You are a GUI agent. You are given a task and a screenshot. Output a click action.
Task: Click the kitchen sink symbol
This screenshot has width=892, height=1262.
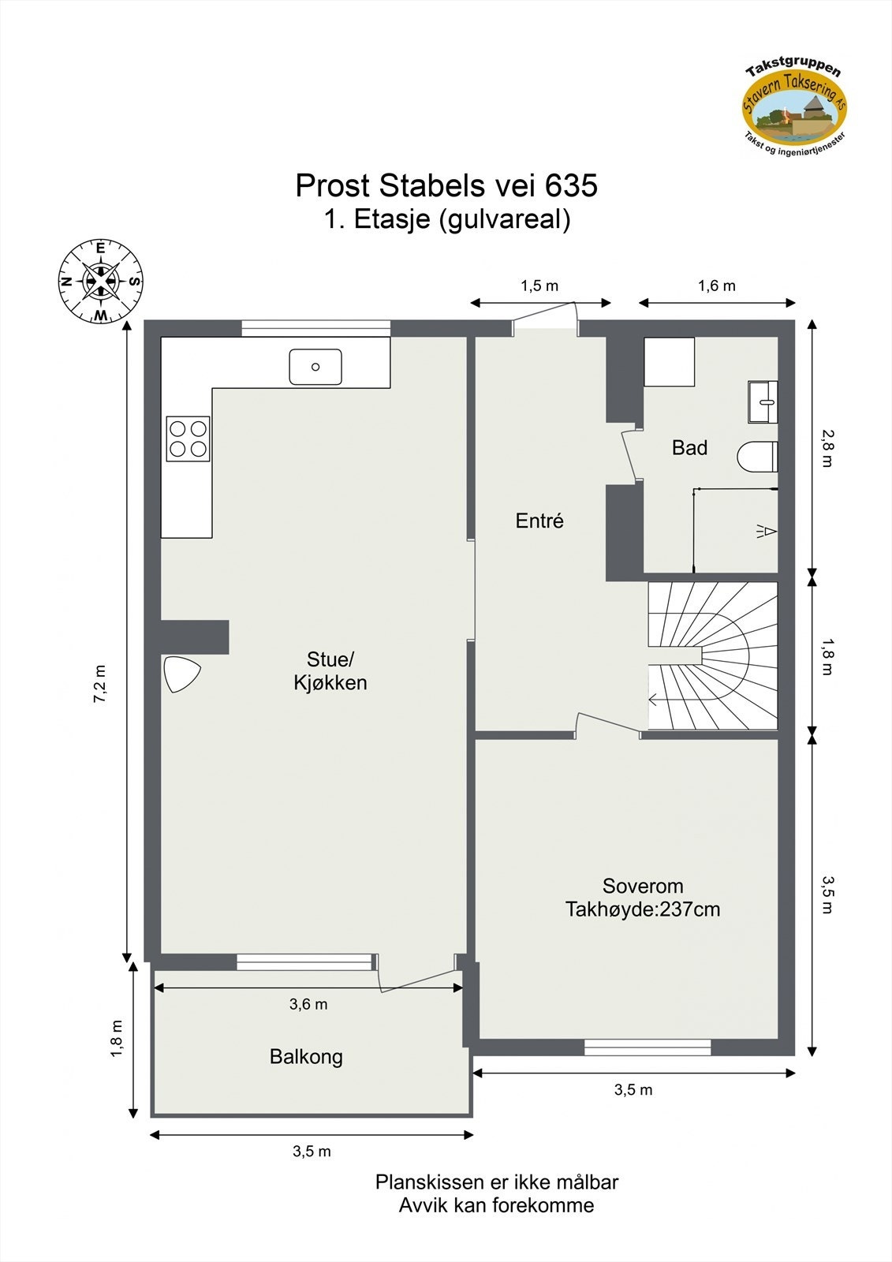(315, 367)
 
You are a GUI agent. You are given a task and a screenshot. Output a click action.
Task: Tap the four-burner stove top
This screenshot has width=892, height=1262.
(188, 439)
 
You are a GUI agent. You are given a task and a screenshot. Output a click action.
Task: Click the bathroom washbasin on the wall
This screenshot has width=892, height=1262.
(763, 402)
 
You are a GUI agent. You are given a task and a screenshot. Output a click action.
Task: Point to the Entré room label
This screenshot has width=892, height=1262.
(539, 521)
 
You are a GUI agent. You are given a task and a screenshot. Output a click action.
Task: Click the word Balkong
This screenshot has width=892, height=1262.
(306, 1057)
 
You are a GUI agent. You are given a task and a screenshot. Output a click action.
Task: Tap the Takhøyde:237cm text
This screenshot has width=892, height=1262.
(643, 909)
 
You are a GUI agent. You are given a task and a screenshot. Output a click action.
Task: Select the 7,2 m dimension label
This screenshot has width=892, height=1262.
(100, 684)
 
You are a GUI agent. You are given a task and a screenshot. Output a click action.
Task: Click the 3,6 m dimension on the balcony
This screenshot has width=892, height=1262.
(308, 1004)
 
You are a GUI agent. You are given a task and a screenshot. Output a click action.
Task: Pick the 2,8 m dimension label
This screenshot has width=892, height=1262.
(826, 448)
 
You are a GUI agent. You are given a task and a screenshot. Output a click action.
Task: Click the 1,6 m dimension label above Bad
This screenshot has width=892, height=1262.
(716, 286)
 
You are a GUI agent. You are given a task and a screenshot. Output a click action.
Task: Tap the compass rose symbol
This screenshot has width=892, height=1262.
(101, 281)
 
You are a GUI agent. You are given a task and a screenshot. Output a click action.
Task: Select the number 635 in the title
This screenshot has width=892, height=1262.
(571, 186)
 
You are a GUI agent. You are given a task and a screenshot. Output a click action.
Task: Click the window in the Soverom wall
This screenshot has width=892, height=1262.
(648, 1047)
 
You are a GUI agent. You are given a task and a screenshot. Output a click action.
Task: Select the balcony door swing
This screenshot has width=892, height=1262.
(418, 976)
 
